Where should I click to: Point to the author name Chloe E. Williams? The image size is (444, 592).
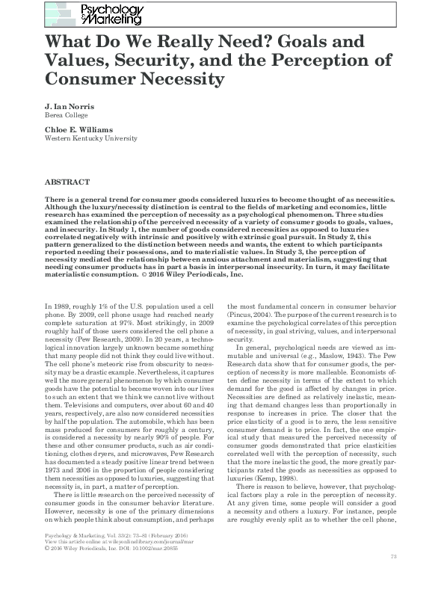click(80, 130)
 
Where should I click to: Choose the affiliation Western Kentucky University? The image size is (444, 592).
click(91, 139)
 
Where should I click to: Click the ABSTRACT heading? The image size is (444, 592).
click(68, 182)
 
